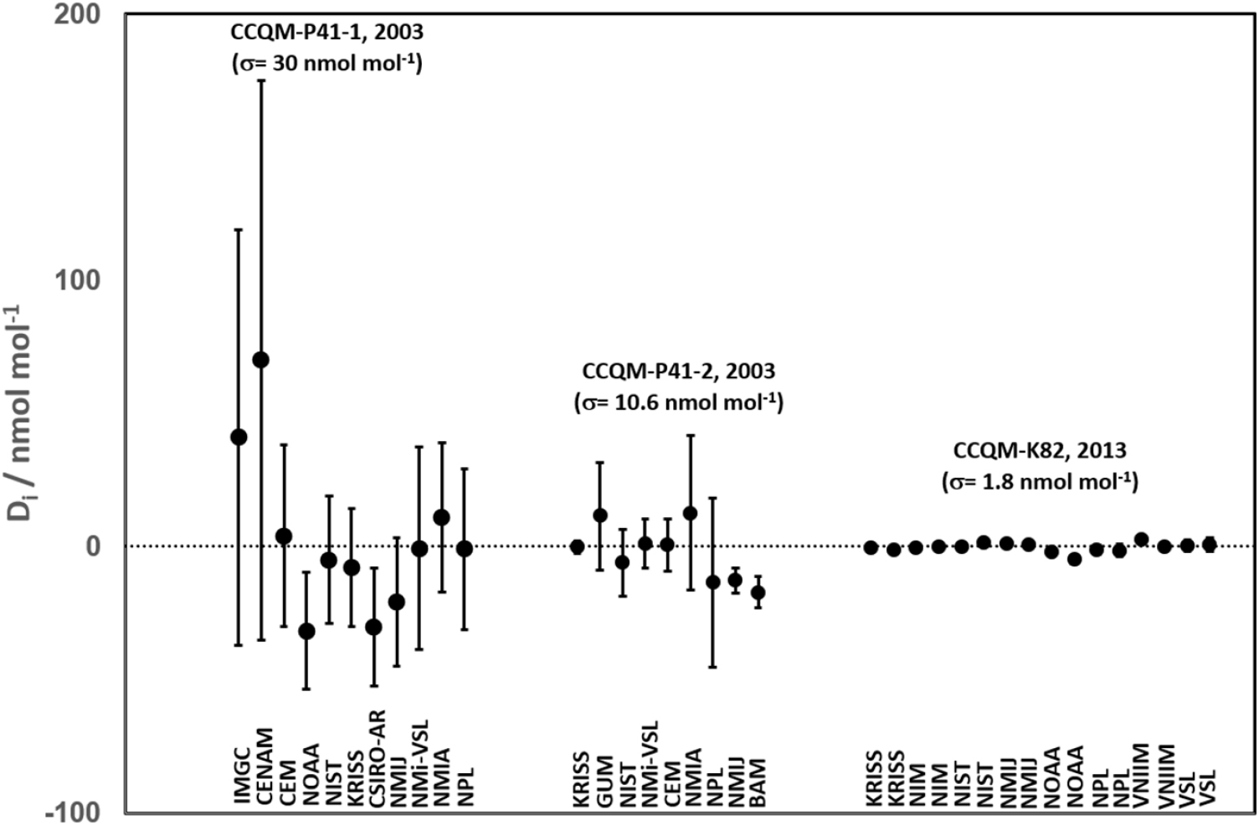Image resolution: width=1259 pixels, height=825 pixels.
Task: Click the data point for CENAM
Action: [x=260, y=360]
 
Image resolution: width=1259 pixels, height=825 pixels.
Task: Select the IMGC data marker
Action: [x=239, y=437]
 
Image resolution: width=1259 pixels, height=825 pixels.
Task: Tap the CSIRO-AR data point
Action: [x=373, y=627]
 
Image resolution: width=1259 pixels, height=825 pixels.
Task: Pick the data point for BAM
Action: [x=758, y=592]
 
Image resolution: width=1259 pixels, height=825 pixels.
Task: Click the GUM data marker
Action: [x=599, y=515]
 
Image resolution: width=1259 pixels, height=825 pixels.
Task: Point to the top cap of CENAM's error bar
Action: [x=260, y=80]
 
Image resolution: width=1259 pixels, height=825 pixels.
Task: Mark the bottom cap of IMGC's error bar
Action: [x=239, y=645]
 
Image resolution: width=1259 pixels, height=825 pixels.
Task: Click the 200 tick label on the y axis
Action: [x=76, y=15]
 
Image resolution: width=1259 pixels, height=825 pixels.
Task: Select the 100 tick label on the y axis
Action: [x=76, y=280]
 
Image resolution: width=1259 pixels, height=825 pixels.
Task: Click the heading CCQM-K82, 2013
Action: [x=1040, y=450]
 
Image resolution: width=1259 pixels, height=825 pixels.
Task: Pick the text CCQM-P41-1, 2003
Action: [x=327, y=33]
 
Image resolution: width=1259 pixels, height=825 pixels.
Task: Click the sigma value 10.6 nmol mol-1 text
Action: [x=679, y=402]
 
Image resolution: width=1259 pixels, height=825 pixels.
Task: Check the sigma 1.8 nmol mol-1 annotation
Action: [x=1040, y=483]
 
